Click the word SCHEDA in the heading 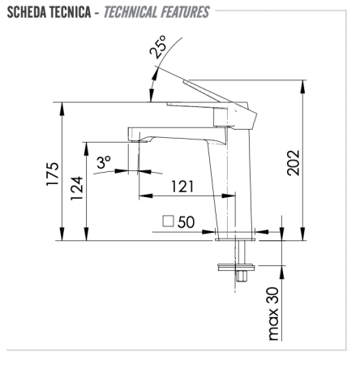click(28, 12)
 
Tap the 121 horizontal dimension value click(182, 187)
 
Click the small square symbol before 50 click(169, 220)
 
